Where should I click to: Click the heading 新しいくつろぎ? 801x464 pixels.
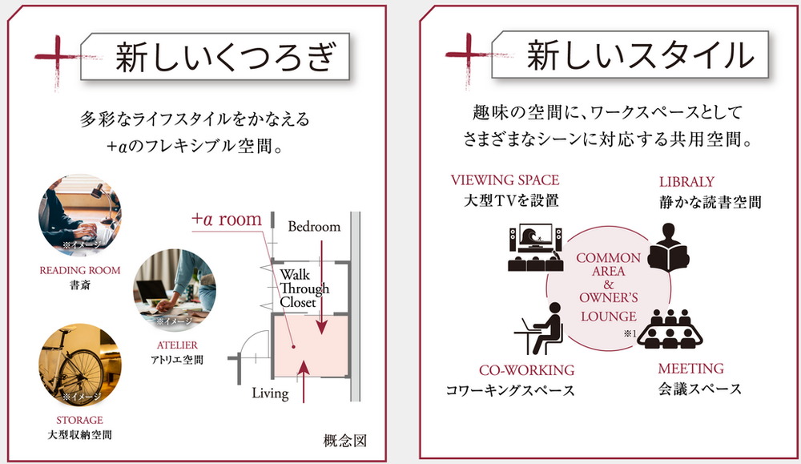click(x=225, y=57)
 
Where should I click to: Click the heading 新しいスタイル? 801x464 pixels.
click(x=640, y=54)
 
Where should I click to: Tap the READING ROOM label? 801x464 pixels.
click(x=80, y=270)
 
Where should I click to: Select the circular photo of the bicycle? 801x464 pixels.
click(x=80, y=365)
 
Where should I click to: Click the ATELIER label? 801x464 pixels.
click(x=177, y=345)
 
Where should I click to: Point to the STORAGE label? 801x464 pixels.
click(x=79, y=420)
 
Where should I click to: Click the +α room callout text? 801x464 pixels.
click(x=227, y=220)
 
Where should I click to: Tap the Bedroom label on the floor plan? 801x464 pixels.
click(x=314, y=226)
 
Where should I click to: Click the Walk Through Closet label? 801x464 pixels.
click(x=304, y=288)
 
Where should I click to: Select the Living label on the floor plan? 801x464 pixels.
click(x=270, y=393)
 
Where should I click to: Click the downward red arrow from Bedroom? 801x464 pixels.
click(x=321, y=287)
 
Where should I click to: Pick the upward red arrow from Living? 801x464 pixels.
click(x=304, y=381)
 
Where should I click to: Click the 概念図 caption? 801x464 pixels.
click(x=345, y=441)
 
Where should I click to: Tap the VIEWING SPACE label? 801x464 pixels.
click(x=505, y=180)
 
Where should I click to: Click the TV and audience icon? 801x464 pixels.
click(x=535, y=248)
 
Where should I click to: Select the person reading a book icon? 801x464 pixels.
click(x=668, y=248)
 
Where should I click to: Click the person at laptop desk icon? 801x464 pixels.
click(x=541, y=329)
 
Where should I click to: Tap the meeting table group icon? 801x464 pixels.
click(x=670, y=329)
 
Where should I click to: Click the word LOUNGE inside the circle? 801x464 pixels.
click(x=609, y=317)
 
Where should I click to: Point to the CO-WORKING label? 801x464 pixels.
click(x=527, y=370)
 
